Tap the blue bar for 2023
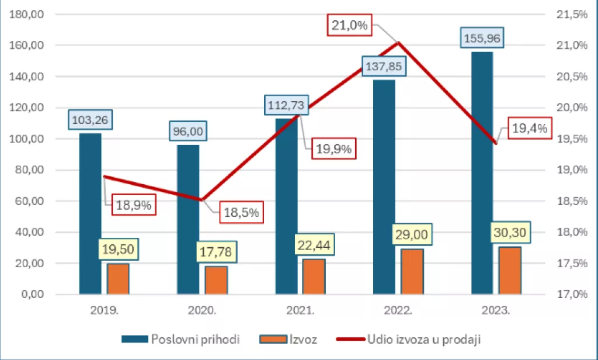click(x=482, y=175)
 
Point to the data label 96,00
click(x=188, y=131)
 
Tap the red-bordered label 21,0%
click(x=349, y=25)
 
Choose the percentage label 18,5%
click(x=242, y=212)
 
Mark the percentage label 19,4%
click(x=530, y=129)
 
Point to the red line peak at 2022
click(x=398, y=42)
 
